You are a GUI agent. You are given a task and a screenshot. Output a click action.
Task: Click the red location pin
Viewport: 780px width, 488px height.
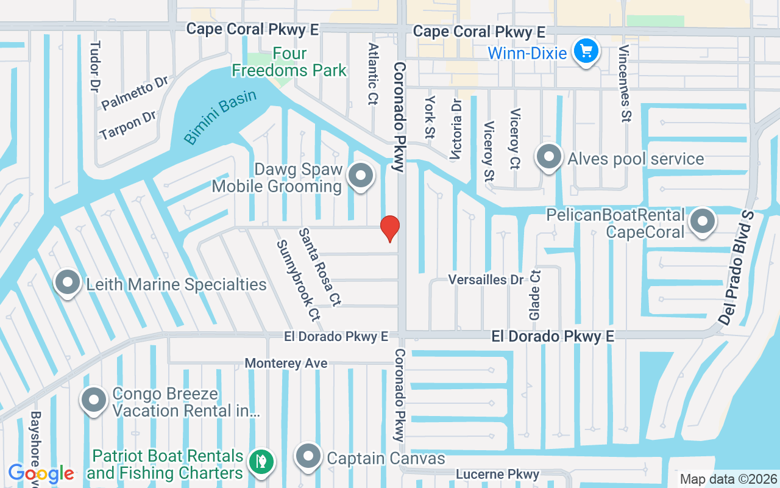[390, 228]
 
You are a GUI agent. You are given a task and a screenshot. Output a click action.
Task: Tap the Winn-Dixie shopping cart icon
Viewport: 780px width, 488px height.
[586, 51]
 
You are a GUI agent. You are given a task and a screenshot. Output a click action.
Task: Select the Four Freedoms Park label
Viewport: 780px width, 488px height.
[289, 62]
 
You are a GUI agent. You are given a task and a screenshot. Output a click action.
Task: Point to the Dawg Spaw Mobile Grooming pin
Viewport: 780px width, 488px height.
[361, 176]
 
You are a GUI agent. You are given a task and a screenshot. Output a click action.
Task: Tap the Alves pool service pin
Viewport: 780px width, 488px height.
[549, 157]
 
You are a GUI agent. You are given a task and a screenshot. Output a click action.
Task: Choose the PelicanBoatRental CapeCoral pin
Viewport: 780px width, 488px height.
[703, 222]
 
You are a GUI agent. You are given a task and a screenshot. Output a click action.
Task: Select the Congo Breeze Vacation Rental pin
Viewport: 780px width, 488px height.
[94, 401]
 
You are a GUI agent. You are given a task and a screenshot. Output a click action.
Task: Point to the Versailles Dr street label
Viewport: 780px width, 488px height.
[486, 279]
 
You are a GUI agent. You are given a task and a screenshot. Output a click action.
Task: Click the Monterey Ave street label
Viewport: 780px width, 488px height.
[286, 364]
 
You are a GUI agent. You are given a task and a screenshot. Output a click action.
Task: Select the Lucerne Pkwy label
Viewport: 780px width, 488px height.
[497, 474]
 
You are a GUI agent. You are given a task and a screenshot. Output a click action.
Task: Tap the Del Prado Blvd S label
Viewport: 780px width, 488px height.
[736, 267]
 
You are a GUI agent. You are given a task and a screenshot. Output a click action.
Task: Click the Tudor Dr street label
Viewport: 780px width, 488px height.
[94, 67]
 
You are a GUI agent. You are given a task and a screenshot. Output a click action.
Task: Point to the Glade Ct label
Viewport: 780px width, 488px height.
[534, 295]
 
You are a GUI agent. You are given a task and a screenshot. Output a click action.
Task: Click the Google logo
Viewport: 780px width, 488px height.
[41, 473]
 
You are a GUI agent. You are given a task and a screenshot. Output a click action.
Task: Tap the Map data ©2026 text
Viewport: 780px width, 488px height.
[728, 479]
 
